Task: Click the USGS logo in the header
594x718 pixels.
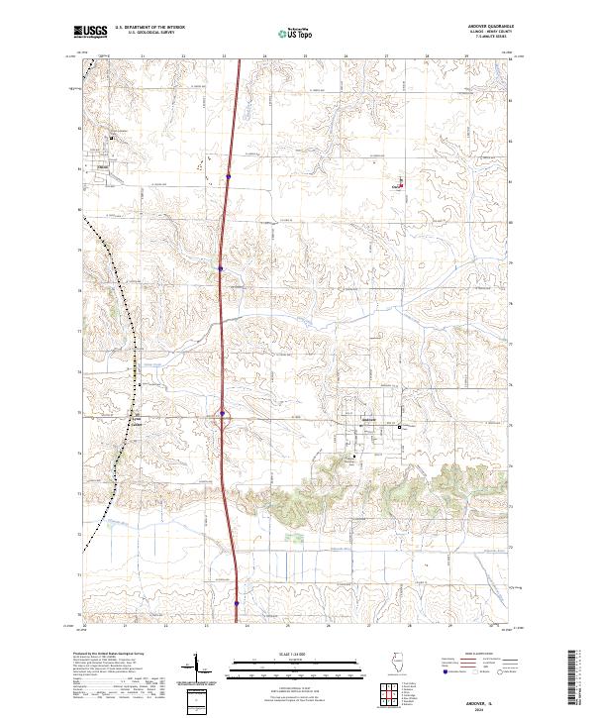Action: [90, 33]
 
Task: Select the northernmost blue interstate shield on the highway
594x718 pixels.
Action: [229, 176]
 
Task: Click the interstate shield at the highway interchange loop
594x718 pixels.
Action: [223, 414]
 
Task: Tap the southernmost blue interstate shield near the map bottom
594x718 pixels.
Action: [238, 601]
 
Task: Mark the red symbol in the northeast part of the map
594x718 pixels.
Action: [401, 184]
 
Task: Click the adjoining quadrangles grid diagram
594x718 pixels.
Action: [393, 694]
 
